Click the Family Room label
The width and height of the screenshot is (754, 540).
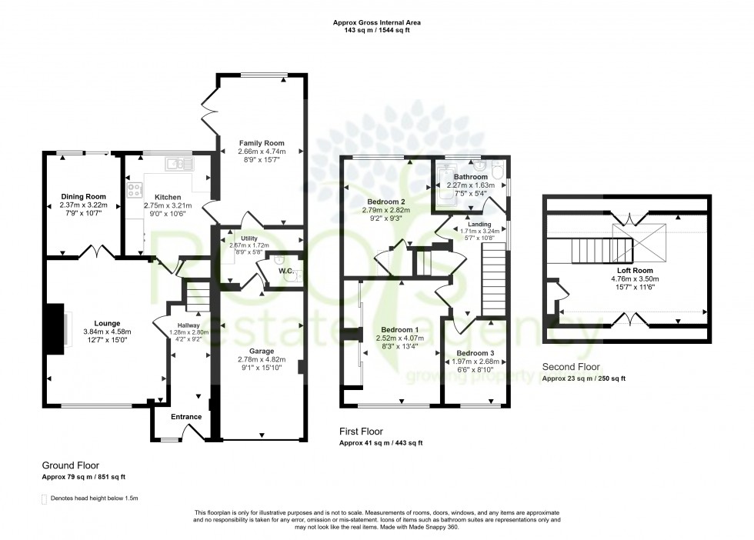262,143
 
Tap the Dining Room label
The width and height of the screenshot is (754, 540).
82,196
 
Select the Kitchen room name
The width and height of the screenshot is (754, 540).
167,196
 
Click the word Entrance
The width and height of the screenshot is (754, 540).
186,417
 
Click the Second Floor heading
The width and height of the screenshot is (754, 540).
571,368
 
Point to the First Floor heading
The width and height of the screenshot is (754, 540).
361,432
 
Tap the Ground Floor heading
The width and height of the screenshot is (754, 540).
70,465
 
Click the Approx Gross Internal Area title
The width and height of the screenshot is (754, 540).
376,23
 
